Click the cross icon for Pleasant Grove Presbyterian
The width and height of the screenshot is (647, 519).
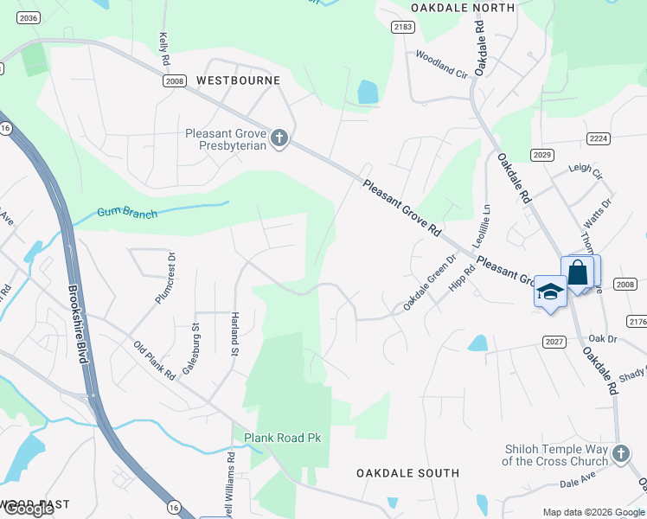pos(279,138)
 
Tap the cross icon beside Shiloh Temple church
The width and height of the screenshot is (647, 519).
pos(620,455)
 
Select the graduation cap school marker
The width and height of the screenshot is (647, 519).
pos(549,292)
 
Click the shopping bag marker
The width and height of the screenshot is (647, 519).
pos(578,273)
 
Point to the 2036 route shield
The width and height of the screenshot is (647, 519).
pos(29,17)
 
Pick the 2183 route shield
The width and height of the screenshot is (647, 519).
pos(402,28)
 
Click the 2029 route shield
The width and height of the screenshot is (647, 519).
pos(542,155)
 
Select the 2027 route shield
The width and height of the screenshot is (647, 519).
pos(554,342)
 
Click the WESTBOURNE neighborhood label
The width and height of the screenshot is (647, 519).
pos(238,80)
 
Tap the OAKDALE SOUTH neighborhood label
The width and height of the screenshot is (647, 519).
pos(408,473)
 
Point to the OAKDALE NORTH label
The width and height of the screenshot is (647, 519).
pos(462,8)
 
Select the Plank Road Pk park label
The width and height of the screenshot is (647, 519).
pos(282,439)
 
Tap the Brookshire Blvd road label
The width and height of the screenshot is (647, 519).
pos(79,325)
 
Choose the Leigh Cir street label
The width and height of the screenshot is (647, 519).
pos(585,173)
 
